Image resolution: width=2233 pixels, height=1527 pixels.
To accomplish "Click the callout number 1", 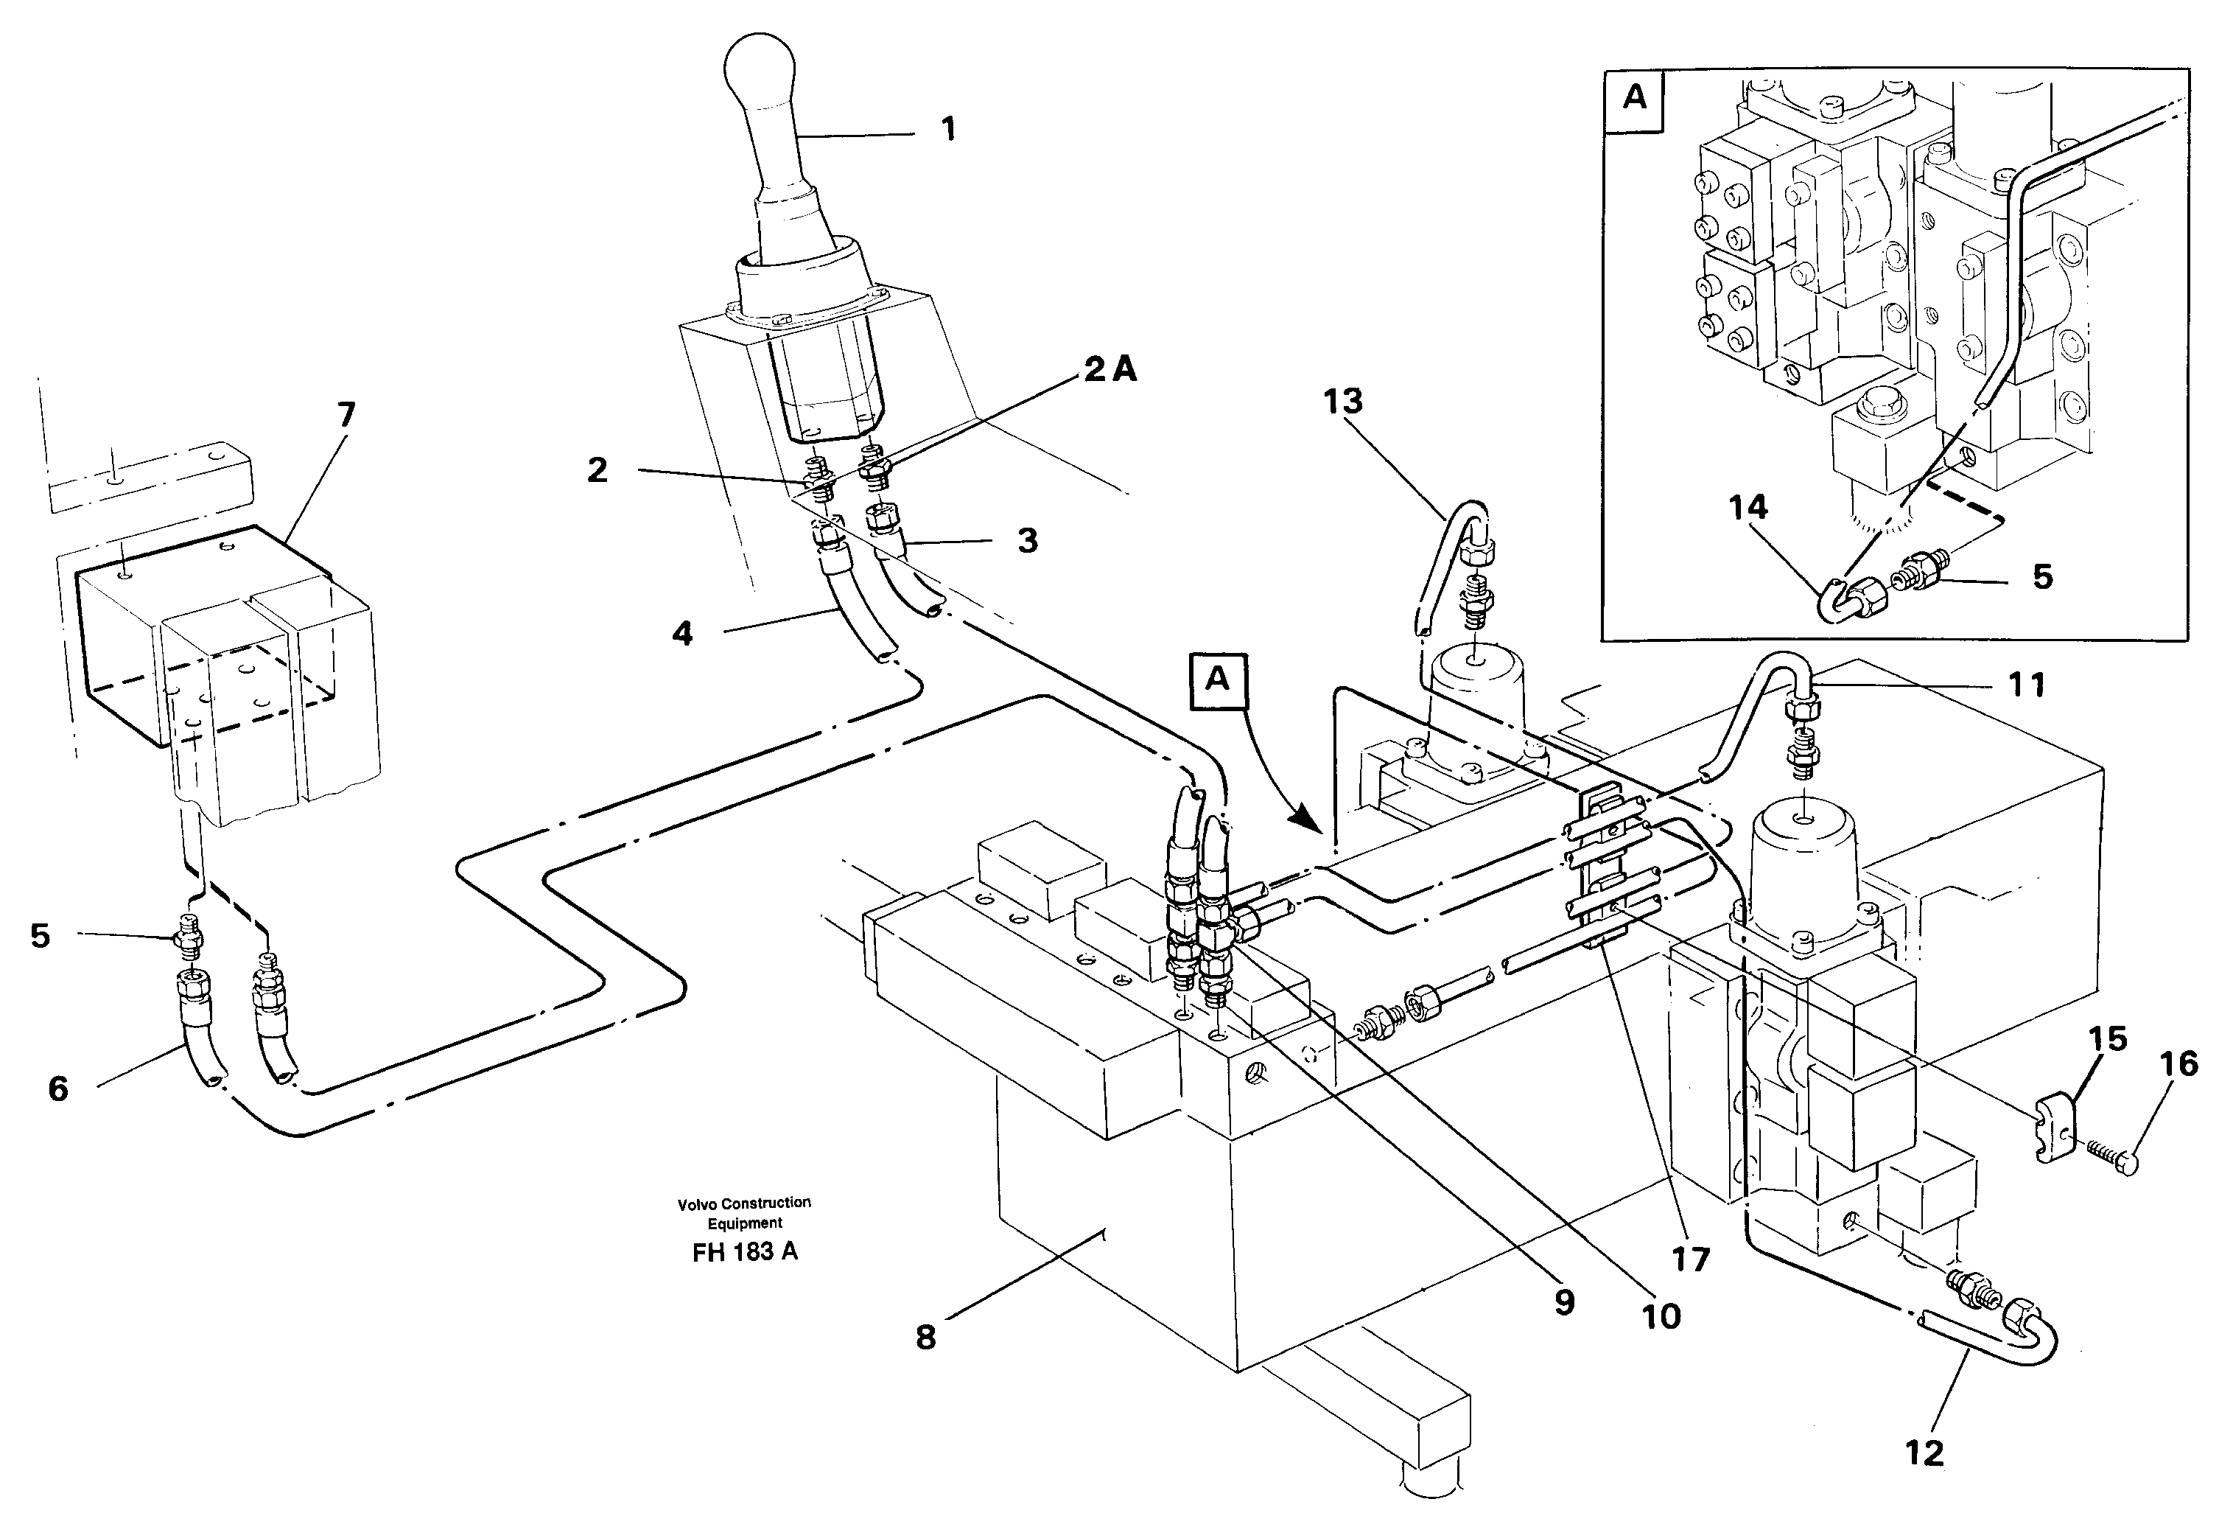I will [947, 130].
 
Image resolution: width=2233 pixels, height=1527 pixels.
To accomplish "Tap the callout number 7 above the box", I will [346, 415].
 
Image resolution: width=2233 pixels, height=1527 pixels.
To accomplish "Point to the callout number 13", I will [1342, 401].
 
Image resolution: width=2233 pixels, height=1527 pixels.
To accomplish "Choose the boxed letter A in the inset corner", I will [1634, 97].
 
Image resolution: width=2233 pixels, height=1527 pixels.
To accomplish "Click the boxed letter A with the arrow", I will [1217, 679].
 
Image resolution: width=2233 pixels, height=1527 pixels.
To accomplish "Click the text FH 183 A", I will [745, 1252].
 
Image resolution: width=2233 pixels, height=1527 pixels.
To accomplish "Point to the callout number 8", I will [925, 1337].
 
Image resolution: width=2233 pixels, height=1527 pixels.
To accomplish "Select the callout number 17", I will [1691, 1259].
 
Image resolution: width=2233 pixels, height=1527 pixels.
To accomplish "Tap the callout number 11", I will [2027, 685].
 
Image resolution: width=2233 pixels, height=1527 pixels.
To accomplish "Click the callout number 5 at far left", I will [39, 935].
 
